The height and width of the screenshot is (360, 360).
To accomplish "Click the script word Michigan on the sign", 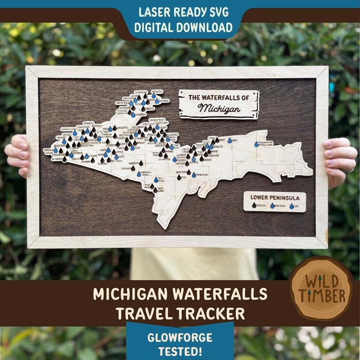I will (x=219, y=108).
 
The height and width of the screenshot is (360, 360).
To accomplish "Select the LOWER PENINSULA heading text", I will (x=274, y=197).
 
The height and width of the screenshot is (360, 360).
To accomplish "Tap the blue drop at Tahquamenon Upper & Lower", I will (x=256, y=144).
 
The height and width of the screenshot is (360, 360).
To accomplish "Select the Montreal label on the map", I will (x=163, y=101).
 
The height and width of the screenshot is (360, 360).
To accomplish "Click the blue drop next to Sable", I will (x=229, y=140).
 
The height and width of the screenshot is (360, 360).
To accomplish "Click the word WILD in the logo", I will (x=320, y=282).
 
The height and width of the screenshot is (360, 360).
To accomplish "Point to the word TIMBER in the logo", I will (x=320, y=296).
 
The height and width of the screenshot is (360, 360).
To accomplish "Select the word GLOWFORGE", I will (x=180, y=337).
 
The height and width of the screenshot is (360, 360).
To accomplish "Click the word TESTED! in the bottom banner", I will (x=180, y=351).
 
